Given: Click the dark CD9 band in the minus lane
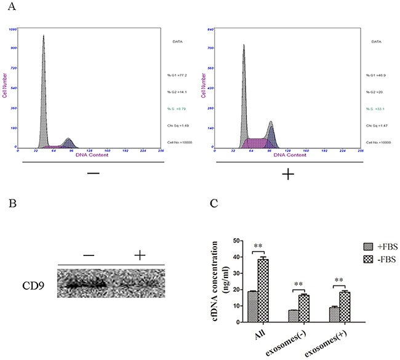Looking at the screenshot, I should [83, 286].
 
